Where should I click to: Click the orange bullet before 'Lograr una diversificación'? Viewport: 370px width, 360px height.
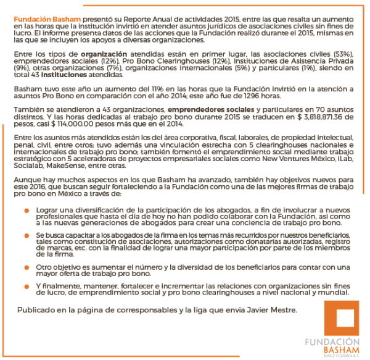point(27,211)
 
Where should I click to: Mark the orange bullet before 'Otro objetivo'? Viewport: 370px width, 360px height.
point(27,268)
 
